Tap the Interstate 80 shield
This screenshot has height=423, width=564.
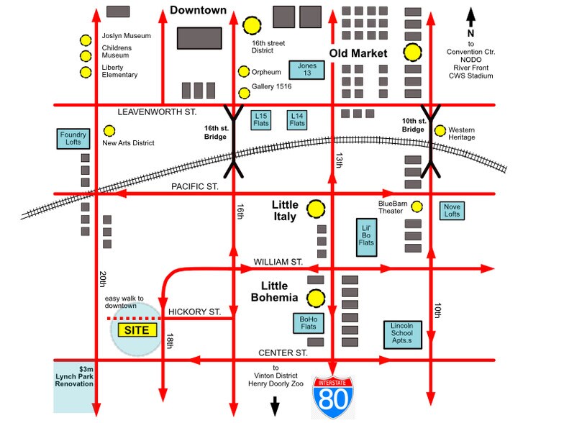(x=332, y=396)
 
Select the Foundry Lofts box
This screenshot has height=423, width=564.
(x=73, y=139)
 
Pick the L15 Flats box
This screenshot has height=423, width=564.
(x=262, y=119)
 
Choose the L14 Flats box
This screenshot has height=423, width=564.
(x=297, y=119)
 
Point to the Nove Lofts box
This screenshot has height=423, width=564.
(x=452, y=210)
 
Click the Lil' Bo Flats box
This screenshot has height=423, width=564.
(x=366, y=237)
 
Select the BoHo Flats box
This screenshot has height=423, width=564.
(x=308, y=324)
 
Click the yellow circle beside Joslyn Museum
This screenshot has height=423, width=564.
(x=86, y=41)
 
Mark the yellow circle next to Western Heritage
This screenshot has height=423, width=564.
(x=440, y=130)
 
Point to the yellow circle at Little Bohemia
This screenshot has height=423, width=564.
(x=315, y=298)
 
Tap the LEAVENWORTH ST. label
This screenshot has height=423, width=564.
(x=158, y=113)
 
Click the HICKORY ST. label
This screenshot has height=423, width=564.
(x=194, y=311)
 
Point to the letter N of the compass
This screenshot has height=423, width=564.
(x=470, y=33)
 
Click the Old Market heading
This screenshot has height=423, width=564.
(x=358, y=53)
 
